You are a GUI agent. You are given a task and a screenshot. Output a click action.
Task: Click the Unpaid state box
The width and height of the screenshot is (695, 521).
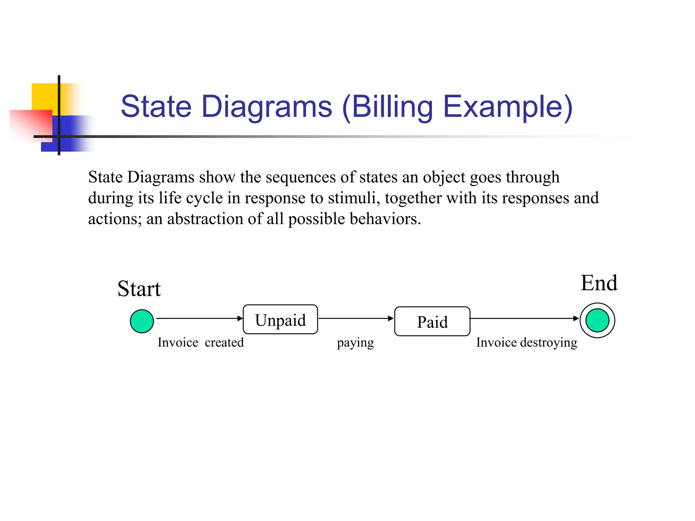pos(280,320)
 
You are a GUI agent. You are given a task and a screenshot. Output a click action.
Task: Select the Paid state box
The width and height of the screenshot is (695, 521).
pos(432,322)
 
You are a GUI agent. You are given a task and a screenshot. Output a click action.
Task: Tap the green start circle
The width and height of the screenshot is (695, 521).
pos(142,321)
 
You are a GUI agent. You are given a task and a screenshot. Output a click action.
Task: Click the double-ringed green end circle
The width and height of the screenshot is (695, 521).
pos(597,320)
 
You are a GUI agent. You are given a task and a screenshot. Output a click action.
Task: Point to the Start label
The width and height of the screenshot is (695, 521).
pos(139,289)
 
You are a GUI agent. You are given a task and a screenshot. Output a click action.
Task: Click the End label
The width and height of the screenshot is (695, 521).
pos(599,283)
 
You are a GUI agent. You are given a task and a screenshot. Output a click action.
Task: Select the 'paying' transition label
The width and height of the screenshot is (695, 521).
pos(355,343)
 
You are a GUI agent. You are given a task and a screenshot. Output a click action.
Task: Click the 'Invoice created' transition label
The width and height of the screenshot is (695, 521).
pos(201,343)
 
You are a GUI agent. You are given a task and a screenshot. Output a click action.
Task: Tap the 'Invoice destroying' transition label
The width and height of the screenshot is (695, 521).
pos(526,343)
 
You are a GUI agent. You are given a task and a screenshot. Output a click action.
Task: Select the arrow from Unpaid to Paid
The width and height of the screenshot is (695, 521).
pos(356,318)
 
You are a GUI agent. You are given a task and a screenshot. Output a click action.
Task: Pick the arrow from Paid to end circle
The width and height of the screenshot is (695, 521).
pos(524,318)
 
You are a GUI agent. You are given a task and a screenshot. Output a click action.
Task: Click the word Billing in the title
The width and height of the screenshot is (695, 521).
pos(392,107)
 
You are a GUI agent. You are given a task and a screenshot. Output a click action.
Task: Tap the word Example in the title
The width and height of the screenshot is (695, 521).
pos(508,107)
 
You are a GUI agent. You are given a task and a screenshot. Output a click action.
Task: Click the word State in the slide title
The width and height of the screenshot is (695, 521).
pos(156,107)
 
